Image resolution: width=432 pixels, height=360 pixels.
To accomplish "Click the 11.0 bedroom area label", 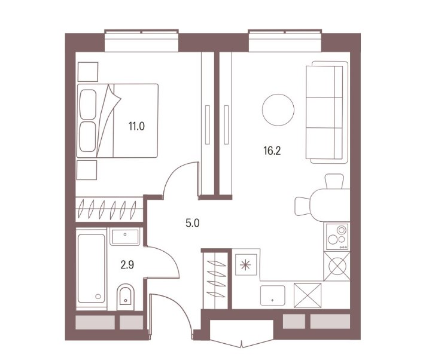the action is point(136,126).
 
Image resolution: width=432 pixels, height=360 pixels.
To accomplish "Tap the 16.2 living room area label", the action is point(272,151).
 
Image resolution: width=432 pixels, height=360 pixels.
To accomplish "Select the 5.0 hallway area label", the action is point(192,223).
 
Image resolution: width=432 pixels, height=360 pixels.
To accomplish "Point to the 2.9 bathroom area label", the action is point(127,265).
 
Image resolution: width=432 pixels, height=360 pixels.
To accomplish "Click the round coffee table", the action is point(278,110).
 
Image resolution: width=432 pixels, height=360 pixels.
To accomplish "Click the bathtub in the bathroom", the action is point(91,269).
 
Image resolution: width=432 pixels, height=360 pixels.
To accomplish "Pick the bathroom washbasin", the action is point(125,236).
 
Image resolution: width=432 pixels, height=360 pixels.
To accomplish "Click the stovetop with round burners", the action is point(337,237).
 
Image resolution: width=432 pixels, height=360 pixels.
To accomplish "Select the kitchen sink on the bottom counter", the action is point(272,295).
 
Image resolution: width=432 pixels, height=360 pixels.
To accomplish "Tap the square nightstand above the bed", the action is point(88,72).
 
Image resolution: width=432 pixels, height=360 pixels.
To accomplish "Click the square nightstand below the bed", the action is point(87,170).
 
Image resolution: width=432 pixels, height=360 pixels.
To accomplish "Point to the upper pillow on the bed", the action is point(88,104).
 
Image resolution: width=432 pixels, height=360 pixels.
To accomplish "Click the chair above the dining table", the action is point(334,181).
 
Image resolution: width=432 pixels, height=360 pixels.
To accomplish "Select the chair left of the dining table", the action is point(303,206).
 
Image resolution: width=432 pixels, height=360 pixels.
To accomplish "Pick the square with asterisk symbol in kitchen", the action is point(246,265).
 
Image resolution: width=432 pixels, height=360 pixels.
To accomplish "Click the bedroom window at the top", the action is point(141,41).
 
